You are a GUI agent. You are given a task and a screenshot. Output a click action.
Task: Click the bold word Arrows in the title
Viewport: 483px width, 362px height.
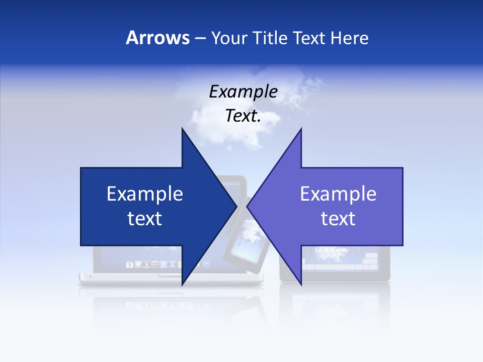(x=157, y=38)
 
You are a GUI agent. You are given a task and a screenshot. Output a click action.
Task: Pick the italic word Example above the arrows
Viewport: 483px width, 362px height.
(x=243, y=92)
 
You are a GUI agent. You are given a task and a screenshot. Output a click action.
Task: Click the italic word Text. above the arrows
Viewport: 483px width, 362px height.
(x=243, y=116)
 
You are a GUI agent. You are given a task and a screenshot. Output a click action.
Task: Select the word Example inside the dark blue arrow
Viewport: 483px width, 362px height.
(x=145, y=194)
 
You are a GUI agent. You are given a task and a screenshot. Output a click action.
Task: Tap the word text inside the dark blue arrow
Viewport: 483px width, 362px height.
(x=145, y=219)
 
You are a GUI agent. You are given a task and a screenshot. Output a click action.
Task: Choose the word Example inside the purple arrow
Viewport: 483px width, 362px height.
(x=338, y=194)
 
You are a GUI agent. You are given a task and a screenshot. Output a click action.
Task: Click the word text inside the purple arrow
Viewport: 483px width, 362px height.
(x=338, y=219)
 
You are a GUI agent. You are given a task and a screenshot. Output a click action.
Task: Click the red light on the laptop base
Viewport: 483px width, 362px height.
(x=91, y=277)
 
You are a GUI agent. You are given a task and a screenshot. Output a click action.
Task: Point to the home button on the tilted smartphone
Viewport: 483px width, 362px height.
(x=236, y=263)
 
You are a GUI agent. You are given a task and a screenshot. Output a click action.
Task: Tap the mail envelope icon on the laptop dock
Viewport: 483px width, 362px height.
(x=163, y=264)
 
